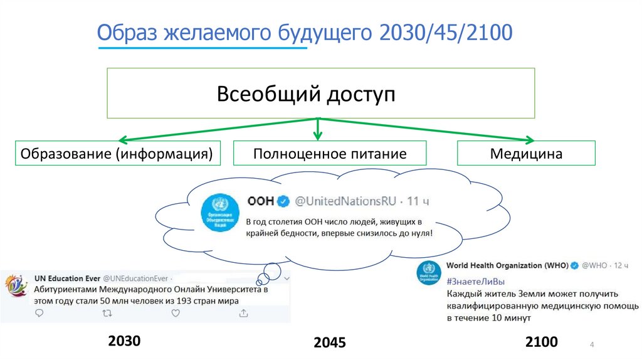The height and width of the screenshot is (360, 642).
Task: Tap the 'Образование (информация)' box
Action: point(118,153)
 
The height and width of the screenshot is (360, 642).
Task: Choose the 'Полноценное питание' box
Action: point(330,153)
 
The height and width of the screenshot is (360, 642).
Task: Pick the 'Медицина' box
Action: point(526,153)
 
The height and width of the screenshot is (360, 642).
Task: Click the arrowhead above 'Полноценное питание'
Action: point(318,134)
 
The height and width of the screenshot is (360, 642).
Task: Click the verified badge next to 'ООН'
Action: point(283,201)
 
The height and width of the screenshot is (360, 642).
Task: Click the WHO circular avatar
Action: point(429,273)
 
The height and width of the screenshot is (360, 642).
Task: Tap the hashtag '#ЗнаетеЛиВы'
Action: point(475,280)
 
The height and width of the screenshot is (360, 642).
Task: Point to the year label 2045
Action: point(330,343)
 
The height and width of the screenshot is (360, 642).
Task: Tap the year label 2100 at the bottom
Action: point(541,342)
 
